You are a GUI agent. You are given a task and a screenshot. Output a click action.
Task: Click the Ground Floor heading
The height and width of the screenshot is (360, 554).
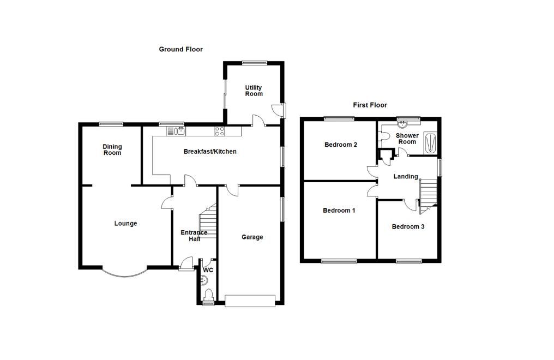(x=180, y=49)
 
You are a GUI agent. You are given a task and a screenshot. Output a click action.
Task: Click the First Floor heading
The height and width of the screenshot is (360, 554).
(x=370, y=105)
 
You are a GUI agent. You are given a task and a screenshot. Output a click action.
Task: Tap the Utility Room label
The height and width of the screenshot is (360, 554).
(x=254, y=91)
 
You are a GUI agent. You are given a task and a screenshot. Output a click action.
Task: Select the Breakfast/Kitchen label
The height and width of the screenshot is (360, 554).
(x=210, y=151)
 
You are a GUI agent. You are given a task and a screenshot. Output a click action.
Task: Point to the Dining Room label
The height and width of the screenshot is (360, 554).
(x=112, y=149)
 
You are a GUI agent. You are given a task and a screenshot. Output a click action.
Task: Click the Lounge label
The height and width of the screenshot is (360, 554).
(x=125, y=223)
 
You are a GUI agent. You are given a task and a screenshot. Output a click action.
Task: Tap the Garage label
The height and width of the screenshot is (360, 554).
(x=252, y=237)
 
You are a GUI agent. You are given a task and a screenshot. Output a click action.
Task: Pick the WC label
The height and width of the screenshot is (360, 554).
(x=208, y=270)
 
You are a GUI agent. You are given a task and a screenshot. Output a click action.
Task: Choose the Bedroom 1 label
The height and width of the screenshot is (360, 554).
(x=339, y=211)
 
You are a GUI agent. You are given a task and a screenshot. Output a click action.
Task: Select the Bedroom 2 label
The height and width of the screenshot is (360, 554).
(x=340, y=145)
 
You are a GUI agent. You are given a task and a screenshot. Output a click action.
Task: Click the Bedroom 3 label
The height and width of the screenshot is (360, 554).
(x=408, y=226)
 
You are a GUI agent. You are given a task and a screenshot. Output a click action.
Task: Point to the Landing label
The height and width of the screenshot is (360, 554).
(x=406, y=176)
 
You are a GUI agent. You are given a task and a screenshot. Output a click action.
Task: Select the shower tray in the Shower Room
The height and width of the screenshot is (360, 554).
(x=429, y=142)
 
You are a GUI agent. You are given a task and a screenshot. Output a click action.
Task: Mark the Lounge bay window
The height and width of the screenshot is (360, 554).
(x=124, y=272)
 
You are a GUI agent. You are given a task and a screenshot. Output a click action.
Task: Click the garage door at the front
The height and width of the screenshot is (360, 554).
(x=250, y=301)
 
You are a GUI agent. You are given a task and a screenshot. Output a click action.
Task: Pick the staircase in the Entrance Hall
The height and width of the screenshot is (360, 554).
(x=208, y=222)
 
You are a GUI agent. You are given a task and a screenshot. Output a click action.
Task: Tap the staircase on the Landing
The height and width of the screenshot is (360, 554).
(x=428, y=194)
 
